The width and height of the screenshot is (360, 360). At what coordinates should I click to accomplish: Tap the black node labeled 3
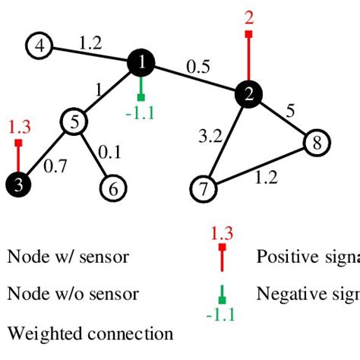pos(18,185)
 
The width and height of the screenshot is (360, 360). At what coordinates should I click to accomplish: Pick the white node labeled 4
pos(39,46)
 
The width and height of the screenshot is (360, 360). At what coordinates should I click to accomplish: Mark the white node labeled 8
pos(317,142)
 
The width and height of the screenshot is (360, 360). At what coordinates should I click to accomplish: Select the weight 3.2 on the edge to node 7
pos(208,137)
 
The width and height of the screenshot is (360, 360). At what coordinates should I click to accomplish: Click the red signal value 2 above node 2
pos(249,15)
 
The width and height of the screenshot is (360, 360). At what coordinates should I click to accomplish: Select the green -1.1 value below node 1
pos(141,115)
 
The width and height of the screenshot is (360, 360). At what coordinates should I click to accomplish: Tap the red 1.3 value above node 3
pos(19,126)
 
